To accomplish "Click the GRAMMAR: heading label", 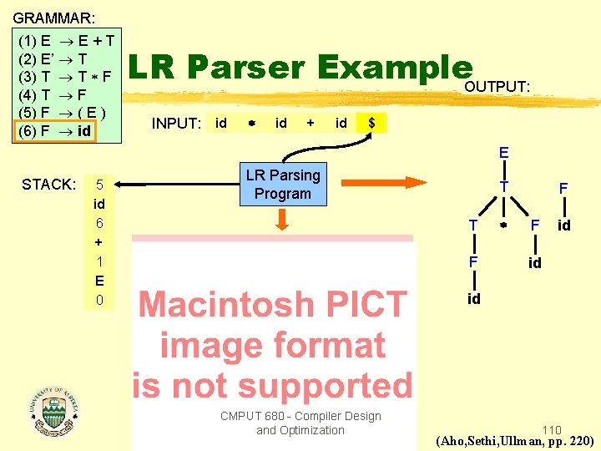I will [x=54, y=17].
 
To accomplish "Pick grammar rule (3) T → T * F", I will [x=65, y=76].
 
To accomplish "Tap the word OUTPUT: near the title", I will [x=497, y=87].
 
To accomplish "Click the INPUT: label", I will [x=176, y=124].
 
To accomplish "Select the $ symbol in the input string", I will [x=371, y=123].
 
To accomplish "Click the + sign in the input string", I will [x=311, y=123].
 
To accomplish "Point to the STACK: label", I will [x=49, y=184].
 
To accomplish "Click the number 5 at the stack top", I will [x=99, y=185].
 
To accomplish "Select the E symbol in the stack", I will [x=99, y=281].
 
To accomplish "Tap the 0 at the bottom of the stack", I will [x=99, y=300].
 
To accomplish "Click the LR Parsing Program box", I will [x=282, y=184].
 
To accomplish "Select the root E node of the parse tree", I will [x=504, y=153].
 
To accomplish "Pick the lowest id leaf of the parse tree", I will [x=473, y=299].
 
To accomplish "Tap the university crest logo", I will [x=53, y=408].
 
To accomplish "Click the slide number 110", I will [x=551, y=430].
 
